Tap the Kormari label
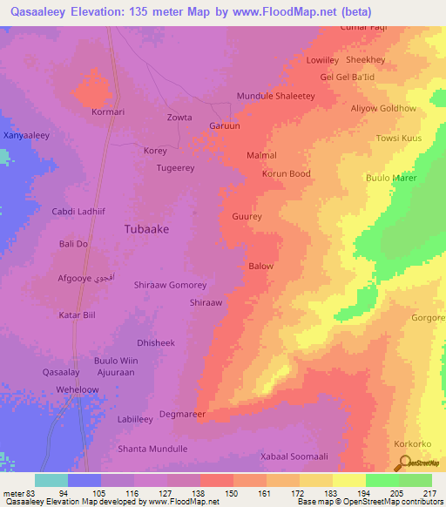point(109,112)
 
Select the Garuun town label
point(224,126)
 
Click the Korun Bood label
point(287,174)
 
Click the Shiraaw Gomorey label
point(171,285)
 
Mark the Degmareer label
point(182,415)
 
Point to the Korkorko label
point(412,443)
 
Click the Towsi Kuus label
point(398,139)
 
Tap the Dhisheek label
point(156,343)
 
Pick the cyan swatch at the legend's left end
point(51,480)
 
